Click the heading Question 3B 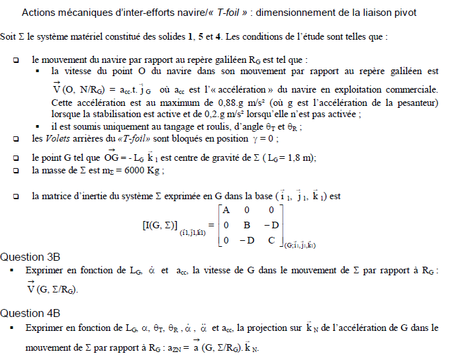coord(31,257)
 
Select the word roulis coord(188,126)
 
